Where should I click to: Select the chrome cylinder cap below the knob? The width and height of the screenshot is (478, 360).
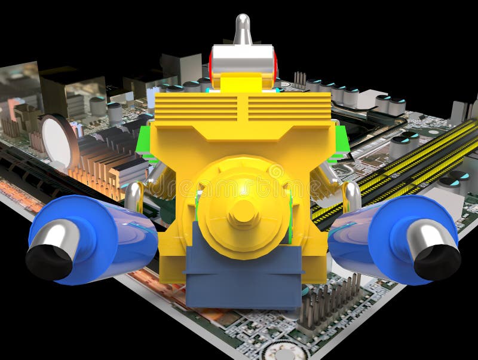point(243,59)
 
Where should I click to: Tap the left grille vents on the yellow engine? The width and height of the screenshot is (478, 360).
point(196,107)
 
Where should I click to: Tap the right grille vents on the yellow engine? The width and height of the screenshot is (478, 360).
point(289,107)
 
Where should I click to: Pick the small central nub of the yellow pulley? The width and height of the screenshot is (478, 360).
point(243,211)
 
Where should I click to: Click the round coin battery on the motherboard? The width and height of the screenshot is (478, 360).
point(58,141)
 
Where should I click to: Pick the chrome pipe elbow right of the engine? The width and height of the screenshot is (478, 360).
point(352,196)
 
